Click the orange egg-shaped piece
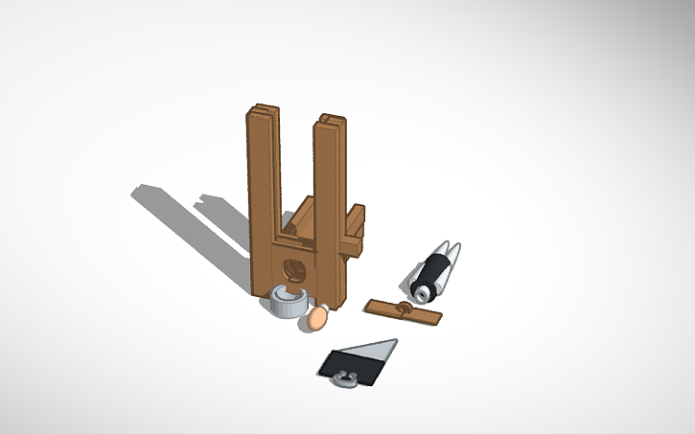(x=315, y=318)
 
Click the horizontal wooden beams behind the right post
(x=355, y=230)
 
